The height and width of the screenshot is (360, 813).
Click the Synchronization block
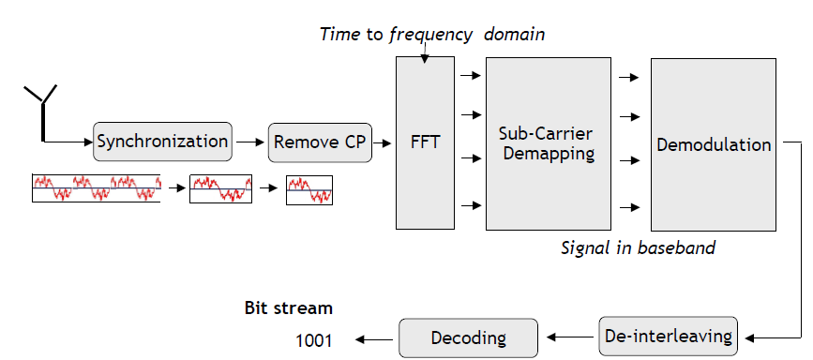[x=162, y=142]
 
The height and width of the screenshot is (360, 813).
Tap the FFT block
[x=424, y=143]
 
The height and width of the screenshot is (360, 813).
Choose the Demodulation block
[x=713, y=144]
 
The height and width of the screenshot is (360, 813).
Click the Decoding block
[x=468, y=337]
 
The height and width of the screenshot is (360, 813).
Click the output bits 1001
[x=314, y=340]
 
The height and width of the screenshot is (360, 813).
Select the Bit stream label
[x=288, y=307]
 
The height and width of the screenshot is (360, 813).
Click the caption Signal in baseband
[x=638, y=248]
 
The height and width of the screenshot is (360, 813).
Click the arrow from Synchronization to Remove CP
[x=249, y=142]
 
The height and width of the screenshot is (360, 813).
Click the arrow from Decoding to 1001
[x=370, y=339]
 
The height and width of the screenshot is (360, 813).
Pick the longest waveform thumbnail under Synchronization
[x=97, y=188]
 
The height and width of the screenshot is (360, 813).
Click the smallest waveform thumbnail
[x=309, y=190]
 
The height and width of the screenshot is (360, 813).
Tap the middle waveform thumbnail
[x=220, y=189]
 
